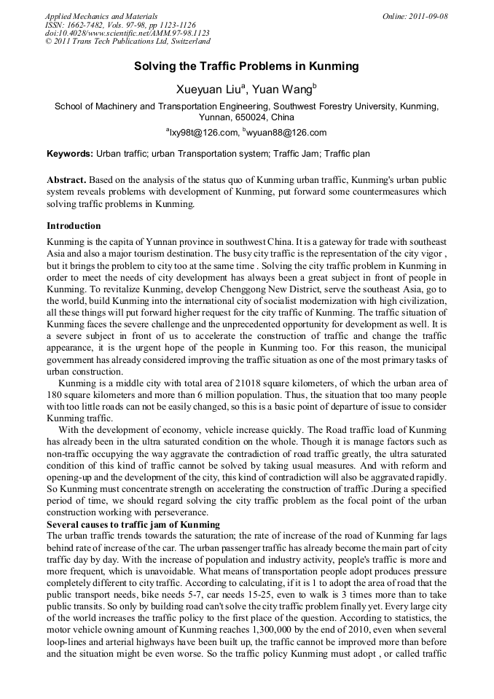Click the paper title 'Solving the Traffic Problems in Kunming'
(x=246, y=66)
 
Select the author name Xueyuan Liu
(x=209, y=90)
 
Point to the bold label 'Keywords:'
(x=70, y=154)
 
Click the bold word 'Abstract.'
(x=67, y=179)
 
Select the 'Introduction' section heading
(x=74, y=226)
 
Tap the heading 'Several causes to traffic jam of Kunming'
(x=133, y=525)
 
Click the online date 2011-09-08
(x=428, y=16)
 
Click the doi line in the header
(x=127, y=33)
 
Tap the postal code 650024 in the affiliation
(x=255, y=117)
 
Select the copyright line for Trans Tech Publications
(x=127, y=42)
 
